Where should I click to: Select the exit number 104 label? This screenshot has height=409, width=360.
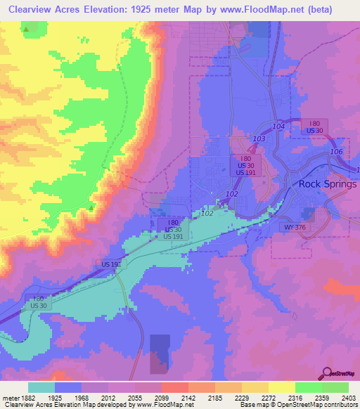coord(277,124)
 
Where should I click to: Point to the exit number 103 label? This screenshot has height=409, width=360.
coord(259,140)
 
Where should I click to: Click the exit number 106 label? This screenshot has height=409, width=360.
coord(337,152)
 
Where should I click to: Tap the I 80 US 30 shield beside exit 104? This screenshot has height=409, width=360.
coord(313,126)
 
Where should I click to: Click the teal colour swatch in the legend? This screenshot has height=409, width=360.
coord(41,387)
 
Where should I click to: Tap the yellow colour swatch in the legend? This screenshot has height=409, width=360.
coord(282,387)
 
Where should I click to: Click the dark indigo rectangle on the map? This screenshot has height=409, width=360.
coord(160,353)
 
